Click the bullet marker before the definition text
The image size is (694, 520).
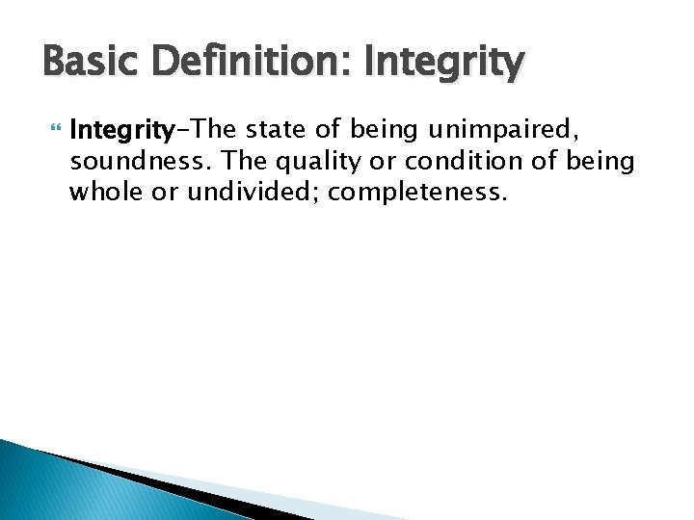coord(53,129)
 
